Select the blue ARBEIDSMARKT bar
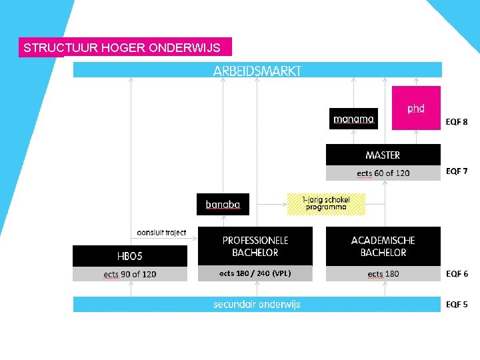tap(257, 70)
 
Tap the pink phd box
tap(416, 108)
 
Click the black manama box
tap(353, 119)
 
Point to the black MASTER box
tap(383, 155)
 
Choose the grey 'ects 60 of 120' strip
tap(383, 173)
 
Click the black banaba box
tap(223, 204)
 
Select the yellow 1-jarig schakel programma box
tap(326, 203)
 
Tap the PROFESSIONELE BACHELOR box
tap(255, 246)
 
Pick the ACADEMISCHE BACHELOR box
tap(383, 246)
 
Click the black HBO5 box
tap(130, 256)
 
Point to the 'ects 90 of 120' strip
tap(130, 274)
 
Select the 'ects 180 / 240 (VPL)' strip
tap(255, 273)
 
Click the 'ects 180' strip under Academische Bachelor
tap(383, 274)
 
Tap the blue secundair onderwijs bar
tap(257, 305)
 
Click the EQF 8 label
tap(457, 122)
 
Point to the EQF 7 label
tap(457, 171)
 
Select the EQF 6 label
tap(457, 274)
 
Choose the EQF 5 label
tap(457, 305)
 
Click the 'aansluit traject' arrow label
tap(161, 233)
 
